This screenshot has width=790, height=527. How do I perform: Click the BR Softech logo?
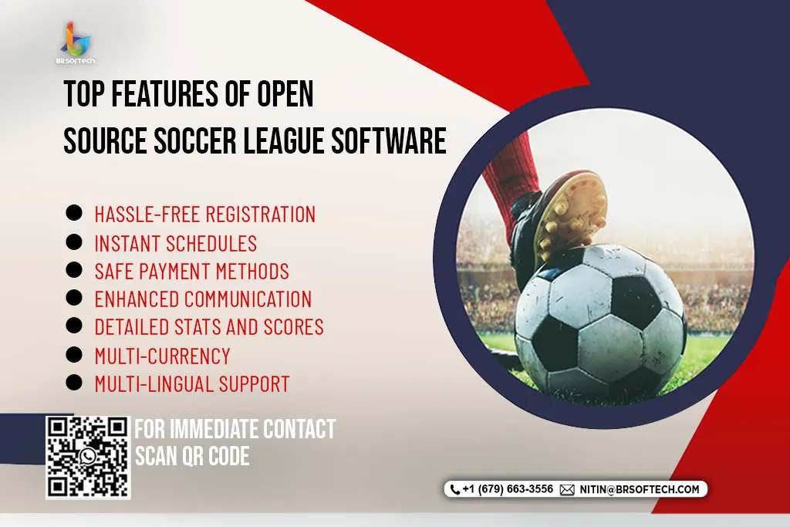click(76, 44)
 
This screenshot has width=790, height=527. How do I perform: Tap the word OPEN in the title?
click(285, 93)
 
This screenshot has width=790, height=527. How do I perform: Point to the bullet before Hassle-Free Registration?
click(74, 213)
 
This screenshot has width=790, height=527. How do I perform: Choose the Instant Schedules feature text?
click(176, 243)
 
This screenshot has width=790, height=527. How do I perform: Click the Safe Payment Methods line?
click(192, 272)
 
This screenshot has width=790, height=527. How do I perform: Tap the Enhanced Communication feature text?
click(203, 299)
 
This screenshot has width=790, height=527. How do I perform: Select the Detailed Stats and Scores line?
click(209, 327)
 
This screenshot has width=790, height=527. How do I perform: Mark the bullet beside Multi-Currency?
click(74, 355)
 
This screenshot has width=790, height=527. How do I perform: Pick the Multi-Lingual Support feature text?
click(192, 384)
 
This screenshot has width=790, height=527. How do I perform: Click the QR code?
click(88, 458)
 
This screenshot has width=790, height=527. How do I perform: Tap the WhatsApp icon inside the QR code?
click(88, 457)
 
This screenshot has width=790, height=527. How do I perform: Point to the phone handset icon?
click(455, 489)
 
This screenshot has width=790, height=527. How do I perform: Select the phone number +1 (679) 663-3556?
click(508, 489)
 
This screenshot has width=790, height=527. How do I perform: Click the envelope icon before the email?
click(567, 490)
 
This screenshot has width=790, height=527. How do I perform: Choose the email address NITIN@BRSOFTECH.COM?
click(640, 490)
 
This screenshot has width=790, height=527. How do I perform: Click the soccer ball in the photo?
click(600, 322)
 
